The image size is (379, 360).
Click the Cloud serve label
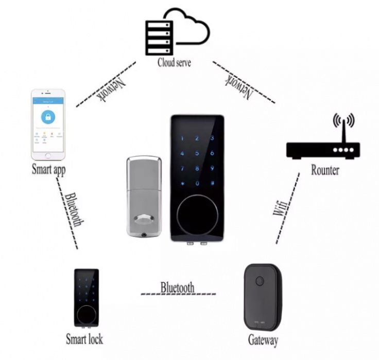coord(174,62)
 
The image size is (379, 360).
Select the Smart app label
coord(48,169)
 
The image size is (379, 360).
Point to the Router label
coord(325,170)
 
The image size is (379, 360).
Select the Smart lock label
coord(84,339)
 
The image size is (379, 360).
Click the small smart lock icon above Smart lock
coord(86,298)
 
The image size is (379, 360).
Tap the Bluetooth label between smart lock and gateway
coord(177,287)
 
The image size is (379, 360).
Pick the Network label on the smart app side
coord(111,87)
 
